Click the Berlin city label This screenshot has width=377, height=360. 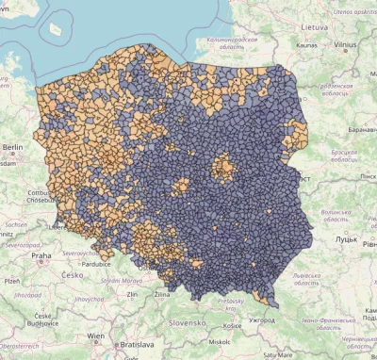[x=12, y=147]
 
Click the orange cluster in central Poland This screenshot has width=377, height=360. [x=223, y=169]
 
